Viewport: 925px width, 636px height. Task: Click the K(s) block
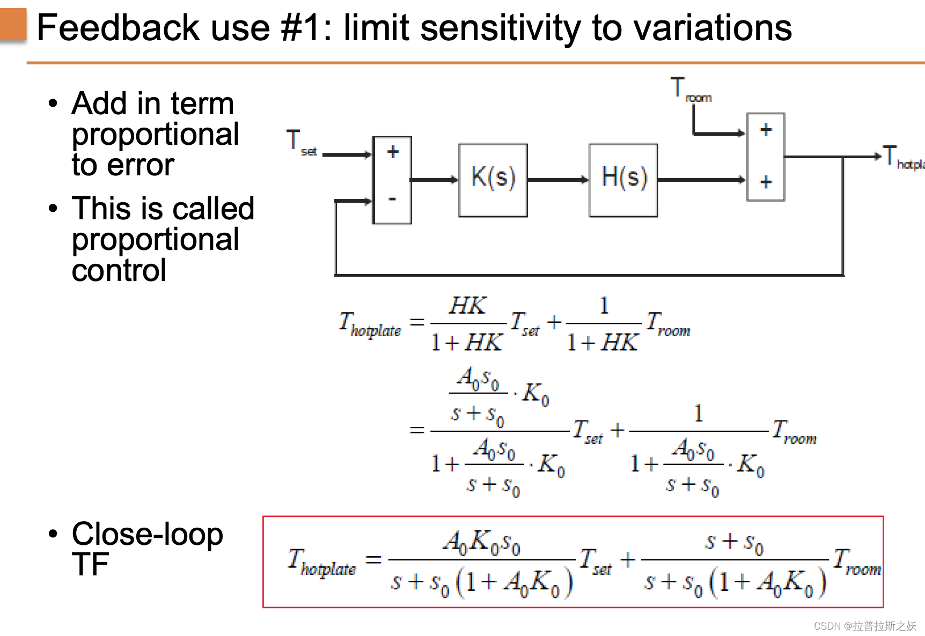point(493,180)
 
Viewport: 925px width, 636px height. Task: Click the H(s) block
point(623,180)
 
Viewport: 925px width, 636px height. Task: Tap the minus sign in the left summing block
point(393,199)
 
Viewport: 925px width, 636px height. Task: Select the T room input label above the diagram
point(690,90)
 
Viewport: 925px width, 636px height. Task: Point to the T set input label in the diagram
point(301,143)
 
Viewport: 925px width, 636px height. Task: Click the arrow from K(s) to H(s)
point(558,180)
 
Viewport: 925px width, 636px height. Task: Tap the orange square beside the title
point(13,24)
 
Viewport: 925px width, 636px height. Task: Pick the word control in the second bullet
point(119,270)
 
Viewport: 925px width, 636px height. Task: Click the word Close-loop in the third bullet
point(148,535)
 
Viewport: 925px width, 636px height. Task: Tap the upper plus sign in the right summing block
point(766,130)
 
